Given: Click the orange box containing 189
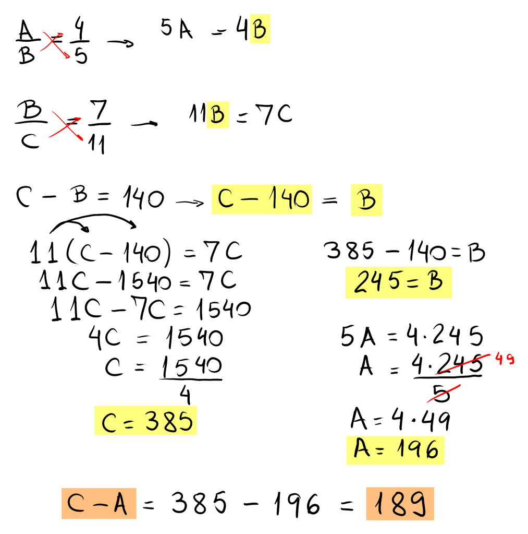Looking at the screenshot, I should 399,503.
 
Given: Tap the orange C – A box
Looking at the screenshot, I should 99,504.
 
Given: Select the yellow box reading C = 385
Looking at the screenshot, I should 146,421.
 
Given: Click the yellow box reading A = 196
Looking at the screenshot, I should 395,450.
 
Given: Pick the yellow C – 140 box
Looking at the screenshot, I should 262,199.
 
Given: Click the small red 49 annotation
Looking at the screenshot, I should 504,359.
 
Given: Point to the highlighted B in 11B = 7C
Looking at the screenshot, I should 217,115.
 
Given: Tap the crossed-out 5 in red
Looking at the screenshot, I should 442,393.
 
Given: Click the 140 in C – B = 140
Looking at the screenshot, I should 143,198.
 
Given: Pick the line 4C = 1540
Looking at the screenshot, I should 156,338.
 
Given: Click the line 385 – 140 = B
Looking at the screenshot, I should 404,252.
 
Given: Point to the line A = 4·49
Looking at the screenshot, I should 400,421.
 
